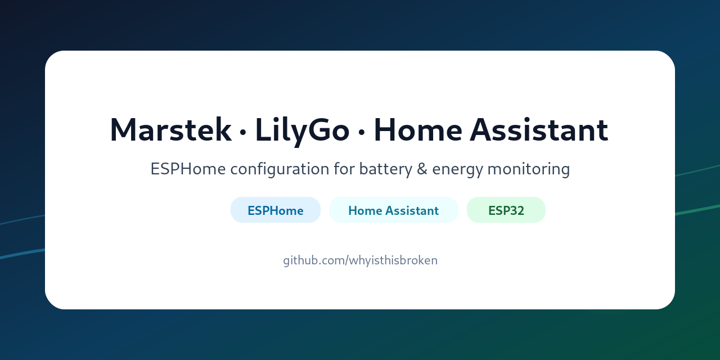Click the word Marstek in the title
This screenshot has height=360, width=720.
[x=170, y=130]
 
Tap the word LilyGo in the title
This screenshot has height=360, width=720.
[x=302, y=130]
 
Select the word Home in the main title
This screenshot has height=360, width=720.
[x=417, y=130]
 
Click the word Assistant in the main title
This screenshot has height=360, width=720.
[x=539, y=130]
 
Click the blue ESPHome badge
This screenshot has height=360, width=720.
[x=276, y=210]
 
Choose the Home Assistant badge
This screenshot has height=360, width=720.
[x=393, y=210]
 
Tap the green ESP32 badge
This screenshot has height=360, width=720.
[x=506, y=210]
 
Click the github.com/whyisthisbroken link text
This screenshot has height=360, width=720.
[x=360, y=260]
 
